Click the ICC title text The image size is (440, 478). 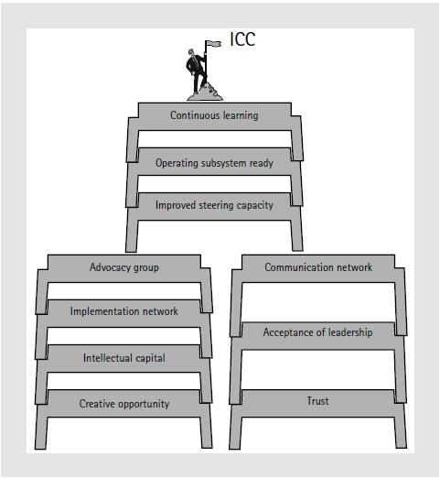pyautogui.click(x=242, y=39)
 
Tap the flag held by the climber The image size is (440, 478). pyautogui.click(x=213, y=44)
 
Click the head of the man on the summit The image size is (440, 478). pyautogui.click(x=191, y=52)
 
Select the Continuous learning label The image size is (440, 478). pyautogui.click(x=214, y=115)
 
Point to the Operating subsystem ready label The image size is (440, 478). pyautogui.click(x=214, y=163)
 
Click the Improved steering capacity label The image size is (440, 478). pyautogui.click(x=214, y=205)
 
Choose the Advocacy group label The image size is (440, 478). pyautogui.click(x=124, y=267)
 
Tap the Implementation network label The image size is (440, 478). pyautogui.click(x=124, y=311)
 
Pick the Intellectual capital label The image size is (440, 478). pyautogui.click(x=124, y=358)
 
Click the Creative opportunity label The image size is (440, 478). pyautogui.click(x=124, y=404)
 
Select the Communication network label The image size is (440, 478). pyautogui.click(x=318, y=267)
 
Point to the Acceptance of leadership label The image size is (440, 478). pyautogui.click(x=317, y=332)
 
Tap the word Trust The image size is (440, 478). pyautogui.click(x=317, y=401)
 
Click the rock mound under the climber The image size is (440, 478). pyautogui.click(x=205, y=94)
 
